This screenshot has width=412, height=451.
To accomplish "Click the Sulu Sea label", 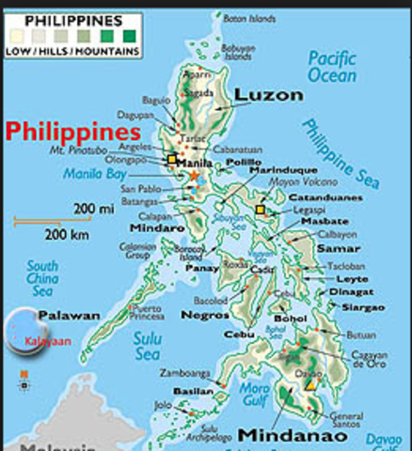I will (148, 347).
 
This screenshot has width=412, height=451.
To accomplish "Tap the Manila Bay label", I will (93, 174).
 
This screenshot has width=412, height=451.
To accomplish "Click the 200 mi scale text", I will (97, 208).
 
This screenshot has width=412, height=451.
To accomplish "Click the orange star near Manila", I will (195, 176).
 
